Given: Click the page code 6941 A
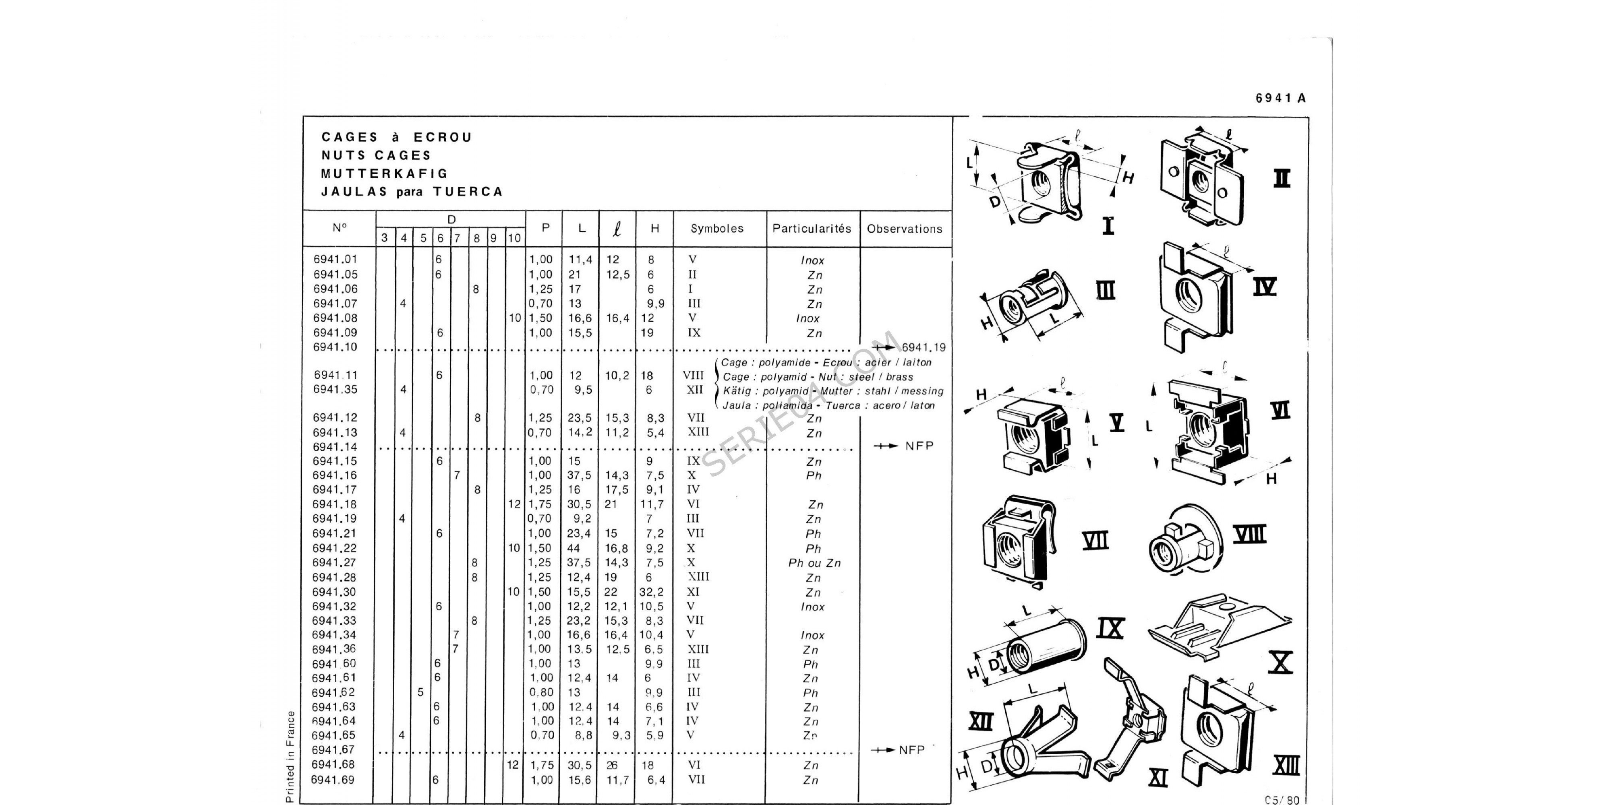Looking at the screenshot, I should point(1280,98).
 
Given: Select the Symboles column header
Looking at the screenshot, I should point(717,229).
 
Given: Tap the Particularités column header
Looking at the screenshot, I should point(812,229).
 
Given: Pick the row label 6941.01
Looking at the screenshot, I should point(335,259).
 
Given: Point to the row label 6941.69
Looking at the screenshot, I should point(333,780).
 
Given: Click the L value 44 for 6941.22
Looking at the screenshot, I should point(574,548).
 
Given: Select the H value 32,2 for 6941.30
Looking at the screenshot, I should point(651,592).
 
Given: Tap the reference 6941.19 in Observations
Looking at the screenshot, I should point(924,347).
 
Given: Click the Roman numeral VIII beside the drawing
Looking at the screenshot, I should point(1249,535).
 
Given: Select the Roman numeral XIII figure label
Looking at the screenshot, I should point(1286,766).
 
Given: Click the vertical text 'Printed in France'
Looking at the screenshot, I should point(290,756).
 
